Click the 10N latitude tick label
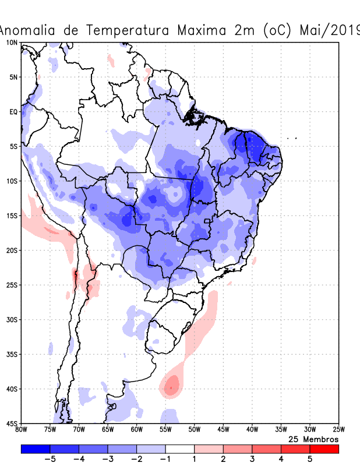pyautogui.click(x=11, y=43)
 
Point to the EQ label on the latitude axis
pyautogui.click(x=13, y=111)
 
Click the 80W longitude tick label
pyautogui.click(x=22, y=430)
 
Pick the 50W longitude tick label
pyautogui.click(x=194, y=430)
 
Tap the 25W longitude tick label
pyautogui.click(x=338, y=430)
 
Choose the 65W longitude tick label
pyautogui.click(x=108, y=430)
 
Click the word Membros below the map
pyautogui.click(x=319, y=439)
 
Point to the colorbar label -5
pyautogui.click(x=50, y=459)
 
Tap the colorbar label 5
pyautogui.click(x=310, y=459)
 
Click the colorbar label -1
pyautogui.click(x=165, y=459)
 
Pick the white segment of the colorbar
pyautogui.click(x=180, y=449)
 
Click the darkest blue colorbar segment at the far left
pyautogui.click(x=36, y=449)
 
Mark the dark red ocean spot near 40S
pyautogui.click(x=172, y=384)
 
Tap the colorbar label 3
pyautogui.click(x=252, y=459)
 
